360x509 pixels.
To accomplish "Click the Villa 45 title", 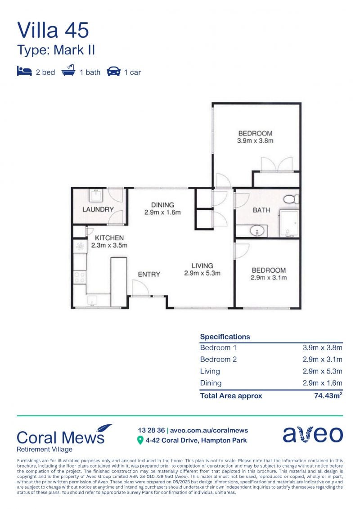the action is (x=53, y=30).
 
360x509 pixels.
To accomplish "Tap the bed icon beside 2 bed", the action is (x=24, y=71).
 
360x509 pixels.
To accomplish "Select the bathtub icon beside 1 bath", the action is (x=68, y=70).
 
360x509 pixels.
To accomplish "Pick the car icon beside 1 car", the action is (x=113, y=71).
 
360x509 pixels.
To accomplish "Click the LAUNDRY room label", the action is (x=98, y=209).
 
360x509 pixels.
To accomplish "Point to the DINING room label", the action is (x=162, y=205).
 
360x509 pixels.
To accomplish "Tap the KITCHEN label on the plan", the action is (x=109, y=238).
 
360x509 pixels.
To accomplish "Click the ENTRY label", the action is (x=149, y=274).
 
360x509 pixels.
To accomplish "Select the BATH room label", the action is (x=261, y=210).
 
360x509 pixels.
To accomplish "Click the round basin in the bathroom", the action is (x=257, y=231).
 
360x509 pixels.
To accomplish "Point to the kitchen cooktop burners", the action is (x=80, y=277).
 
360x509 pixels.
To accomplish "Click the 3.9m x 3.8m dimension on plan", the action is (x=255, y=140).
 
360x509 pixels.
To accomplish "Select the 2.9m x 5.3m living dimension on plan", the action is (x=202, y=273).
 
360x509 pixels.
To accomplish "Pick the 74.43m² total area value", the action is (x=328, y=396).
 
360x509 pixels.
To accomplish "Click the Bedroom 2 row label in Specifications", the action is (x=218, y=359).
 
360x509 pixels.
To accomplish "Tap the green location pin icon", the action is (x=140, y=441).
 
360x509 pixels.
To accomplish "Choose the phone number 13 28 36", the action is (x=151, y=430).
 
